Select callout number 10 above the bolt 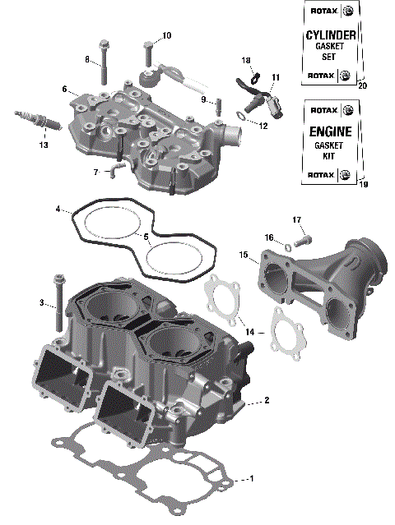click(x=167, y=35)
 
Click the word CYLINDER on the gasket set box click(x=330, y=35)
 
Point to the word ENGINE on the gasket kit click(x=330, y=131)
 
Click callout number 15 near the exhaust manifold click(x=244, y=256)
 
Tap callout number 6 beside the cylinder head click(x=63, y=89)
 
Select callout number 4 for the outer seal click(x=58, y=210)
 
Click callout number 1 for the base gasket click(x=252, y=478)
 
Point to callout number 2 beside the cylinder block click(x=267, y=402)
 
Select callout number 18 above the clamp click(x=246, y=61)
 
